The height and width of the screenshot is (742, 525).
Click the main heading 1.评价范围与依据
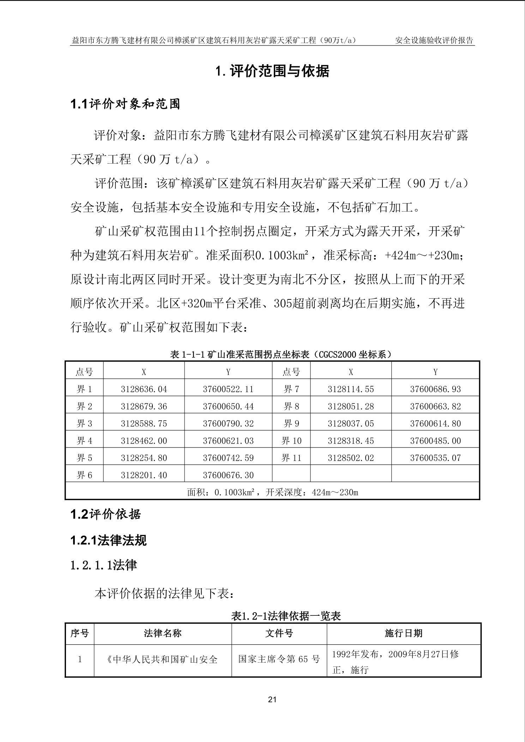[272, 71]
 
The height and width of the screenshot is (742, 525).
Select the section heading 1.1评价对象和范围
[125, 104]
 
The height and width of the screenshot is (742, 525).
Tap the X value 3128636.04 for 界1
[144, 389]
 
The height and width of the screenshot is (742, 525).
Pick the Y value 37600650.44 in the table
[228, 407]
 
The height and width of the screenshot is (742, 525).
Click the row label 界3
[84, 424]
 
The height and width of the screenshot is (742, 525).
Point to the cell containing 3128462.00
[144, 441]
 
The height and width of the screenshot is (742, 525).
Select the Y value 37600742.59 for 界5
[228, 458]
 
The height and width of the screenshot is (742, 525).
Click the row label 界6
[84, 475]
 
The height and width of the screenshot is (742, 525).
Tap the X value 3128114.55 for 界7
[351, 389]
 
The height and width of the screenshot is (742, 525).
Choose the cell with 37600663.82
[435, 407]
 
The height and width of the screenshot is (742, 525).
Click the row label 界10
[291, 441]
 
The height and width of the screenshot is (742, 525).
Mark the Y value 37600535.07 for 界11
[435, 458]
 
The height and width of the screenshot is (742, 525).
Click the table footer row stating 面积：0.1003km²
[272, 492]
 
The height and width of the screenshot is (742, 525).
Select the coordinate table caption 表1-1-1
[281, 354]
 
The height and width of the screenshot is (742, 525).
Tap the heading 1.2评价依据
[105, 515]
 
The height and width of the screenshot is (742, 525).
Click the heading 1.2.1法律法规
[108, 540]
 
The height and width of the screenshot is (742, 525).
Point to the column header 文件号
[279, 633]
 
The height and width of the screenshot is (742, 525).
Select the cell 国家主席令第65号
[279, 659]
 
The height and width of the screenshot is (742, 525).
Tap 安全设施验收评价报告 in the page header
[434, 40]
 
